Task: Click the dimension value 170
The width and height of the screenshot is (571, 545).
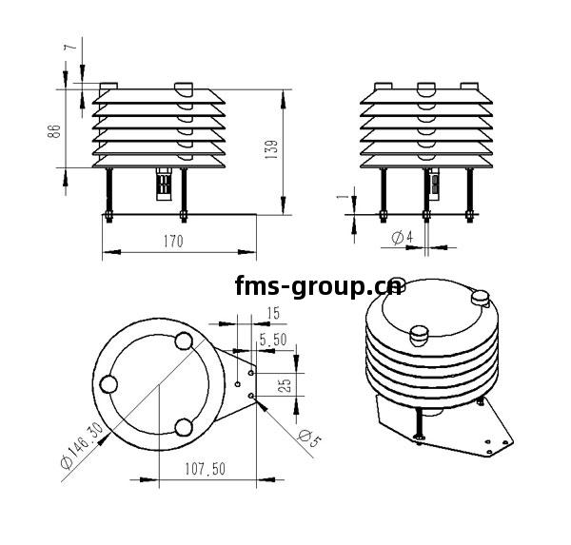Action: click(x=171, y=242)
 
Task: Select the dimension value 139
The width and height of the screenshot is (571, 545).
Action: click(x=272, y=150)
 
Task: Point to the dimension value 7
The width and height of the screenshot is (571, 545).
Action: click(x=68, y=47)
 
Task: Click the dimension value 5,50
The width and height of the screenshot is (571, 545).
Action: click(x=272, y=339)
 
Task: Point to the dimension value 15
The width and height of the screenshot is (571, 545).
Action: click(x=273, y=314)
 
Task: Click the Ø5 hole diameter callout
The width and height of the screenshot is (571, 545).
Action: click(x=305, y=440)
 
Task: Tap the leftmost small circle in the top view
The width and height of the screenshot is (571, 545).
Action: click(x=109, y=383)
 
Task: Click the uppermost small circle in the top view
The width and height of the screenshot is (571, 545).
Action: click(x=184, y=341)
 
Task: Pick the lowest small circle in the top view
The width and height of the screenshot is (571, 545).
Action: click(x=184, y=426)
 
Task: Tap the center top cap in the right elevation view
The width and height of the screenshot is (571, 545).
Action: click(x=425, y=88)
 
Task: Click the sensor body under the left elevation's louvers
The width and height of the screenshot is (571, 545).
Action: click(x=163, y=183)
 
